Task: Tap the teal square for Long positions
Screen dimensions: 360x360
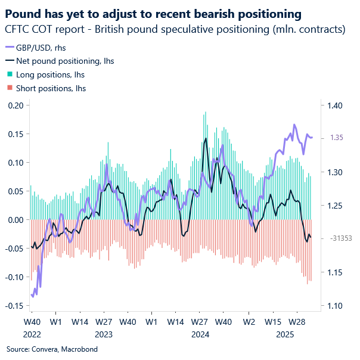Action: tap(10, 75)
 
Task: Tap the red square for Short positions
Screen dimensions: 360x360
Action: tap(10, 88)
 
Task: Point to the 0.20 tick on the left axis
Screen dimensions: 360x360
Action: tap(15, 105)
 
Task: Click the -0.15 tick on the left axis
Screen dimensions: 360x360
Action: tap(14, 306)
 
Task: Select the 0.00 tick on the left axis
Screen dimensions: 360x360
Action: tap(15, 220)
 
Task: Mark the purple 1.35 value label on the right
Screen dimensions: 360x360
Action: tap(337, 138)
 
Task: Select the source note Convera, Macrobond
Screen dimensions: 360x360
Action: tap(51, 349)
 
